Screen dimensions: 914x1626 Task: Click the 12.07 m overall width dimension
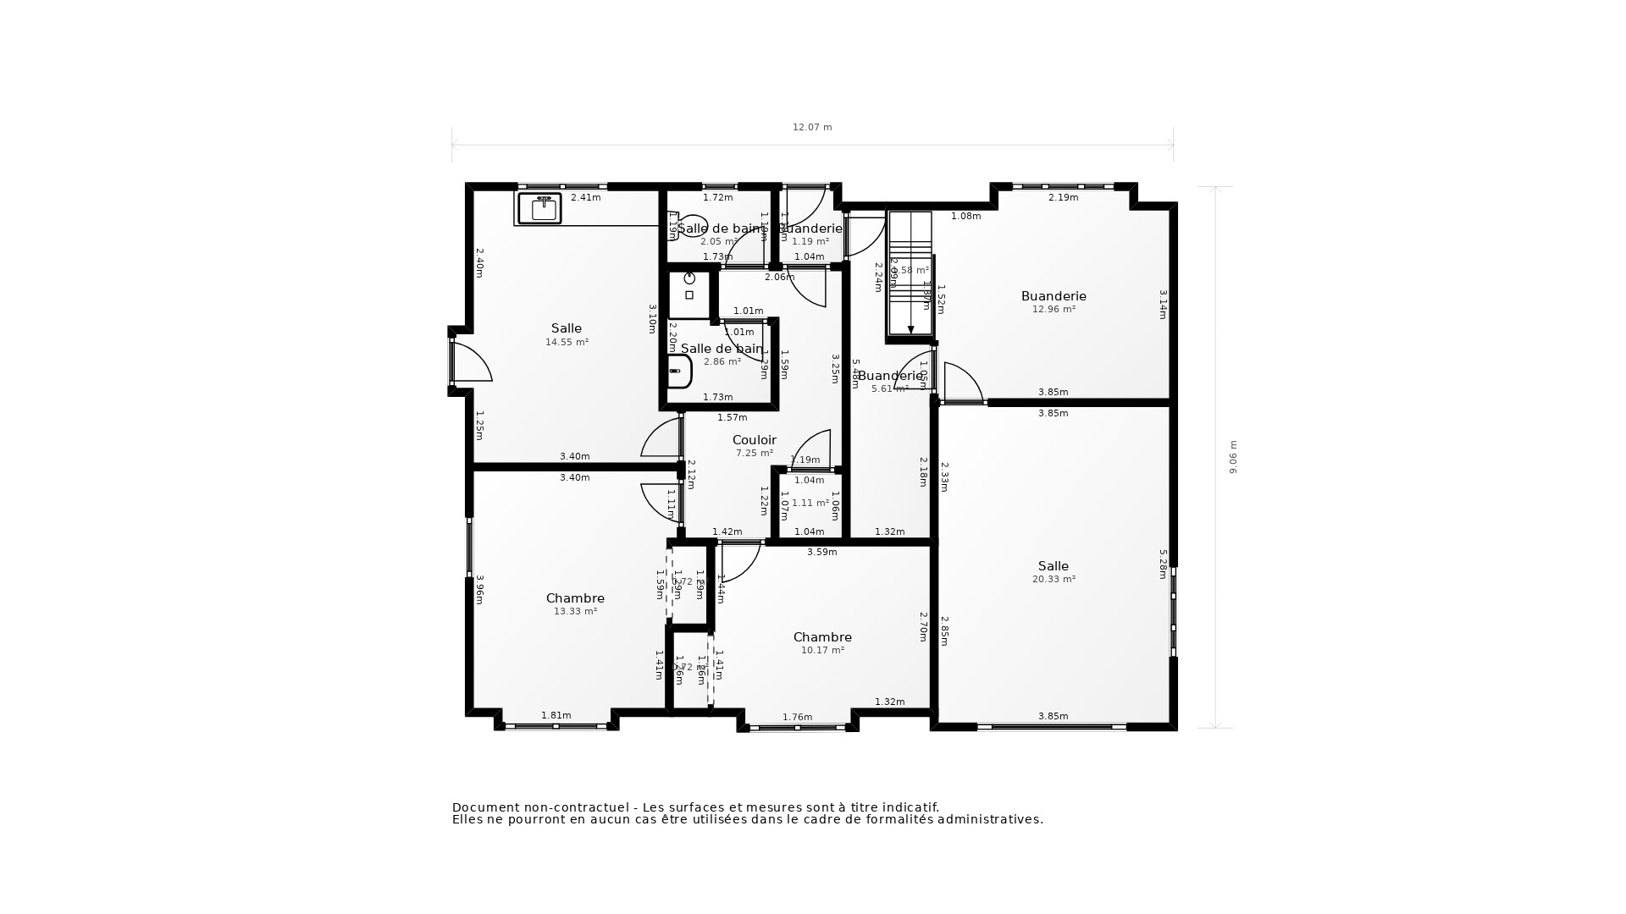[812, 128]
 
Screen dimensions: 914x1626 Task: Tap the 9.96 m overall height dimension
[1233, 457]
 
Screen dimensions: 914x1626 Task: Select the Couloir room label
[754, 440]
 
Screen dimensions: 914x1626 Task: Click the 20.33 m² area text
[1054, 580]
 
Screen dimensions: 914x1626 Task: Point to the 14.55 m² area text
[567, 343]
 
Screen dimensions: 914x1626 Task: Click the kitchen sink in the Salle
[539, 208]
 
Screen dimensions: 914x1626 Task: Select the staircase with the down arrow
[910, 275]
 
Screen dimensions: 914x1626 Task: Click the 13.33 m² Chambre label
[575, 598]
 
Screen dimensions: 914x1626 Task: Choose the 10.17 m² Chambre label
[822, 637]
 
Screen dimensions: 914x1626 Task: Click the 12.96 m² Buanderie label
[1054, 296]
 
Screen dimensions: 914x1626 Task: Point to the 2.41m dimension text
[585, 198]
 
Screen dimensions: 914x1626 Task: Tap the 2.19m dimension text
[1063, 198]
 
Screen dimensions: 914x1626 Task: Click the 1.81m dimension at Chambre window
[556, 716]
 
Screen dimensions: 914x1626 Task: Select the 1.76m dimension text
[797, 718]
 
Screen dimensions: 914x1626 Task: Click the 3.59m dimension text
[821, 553]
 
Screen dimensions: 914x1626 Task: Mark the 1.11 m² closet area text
[810, 504]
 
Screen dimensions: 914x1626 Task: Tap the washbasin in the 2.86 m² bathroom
[677, 371]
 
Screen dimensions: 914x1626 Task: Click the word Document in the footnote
[482, 808]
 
